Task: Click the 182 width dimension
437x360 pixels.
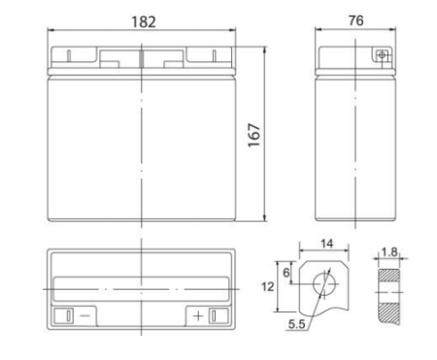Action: point(144,22)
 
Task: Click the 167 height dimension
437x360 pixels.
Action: point(254,135)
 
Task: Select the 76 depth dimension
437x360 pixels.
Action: point(355,20)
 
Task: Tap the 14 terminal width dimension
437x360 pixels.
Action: point(326,244)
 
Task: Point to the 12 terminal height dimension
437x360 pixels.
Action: point(267,287)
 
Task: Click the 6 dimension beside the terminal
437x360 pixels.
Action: point(286,273)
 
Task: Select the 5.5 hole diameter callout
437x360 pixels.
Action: point(297,324)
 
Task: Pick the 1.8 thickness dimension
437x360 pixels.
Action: point(389,252)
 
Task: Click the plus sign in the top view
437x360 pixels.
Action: point(198,315)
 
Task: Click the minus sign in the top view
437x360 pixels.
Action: point(84,315)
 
